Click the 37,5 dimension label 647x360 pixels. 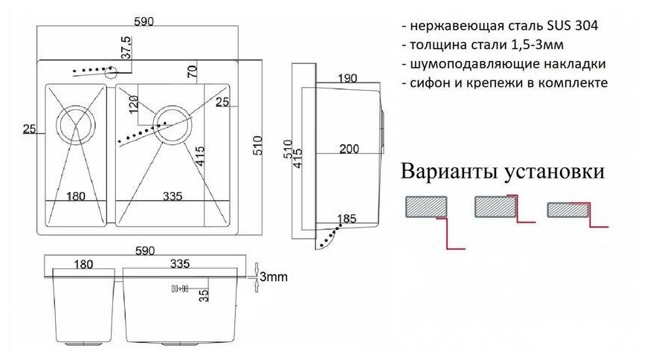(126, 47)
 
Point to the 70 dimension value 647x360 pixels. (192, 71)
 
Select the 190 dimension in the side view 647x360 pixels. (346, 78)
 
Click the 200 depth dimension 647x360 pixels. (349, 149)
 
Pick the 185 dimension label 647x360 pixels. (346, 219)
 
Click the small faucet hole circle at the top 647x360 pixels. (110, 72)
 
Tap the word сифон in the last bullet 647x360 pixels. (430, 83)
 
